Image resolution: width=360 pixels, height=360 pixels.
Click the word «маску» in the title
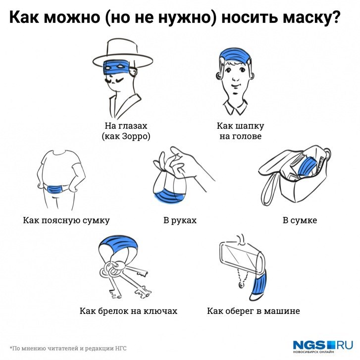pyautogui.click(x=310, y=18)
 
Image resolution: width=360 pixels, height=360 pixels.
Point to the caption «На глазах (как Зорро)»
pyautogui.click(x=126, y=131)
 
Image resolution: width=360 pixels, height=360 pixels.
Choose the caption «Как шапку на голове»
pyautogui.click(x=240, y=131)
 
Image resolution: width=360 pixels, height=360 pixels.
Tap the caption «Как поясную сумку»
pyautogui.click(x=66, y=220)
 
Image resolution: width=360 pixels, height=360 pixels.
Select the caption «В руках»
pyautogui.click(x=180, y=220)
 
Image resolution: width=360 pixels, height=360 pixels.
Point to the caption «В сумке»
pyautogui.click(x=300, y=220)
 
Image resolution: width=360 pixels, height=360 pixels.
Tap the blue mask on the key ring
pyautogui.click(x=119, y=243)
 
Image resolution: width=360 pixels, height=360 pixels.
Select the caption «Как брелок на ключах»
pyautogui.click(x=128, y=311)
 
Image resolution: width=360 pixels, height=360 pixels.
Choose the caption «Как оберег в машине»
pyautogui.click(x=253, y=311)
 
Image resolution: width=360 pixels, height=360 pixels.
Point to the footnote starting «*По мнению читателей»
pyautogui.click(x=68, y=348)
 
